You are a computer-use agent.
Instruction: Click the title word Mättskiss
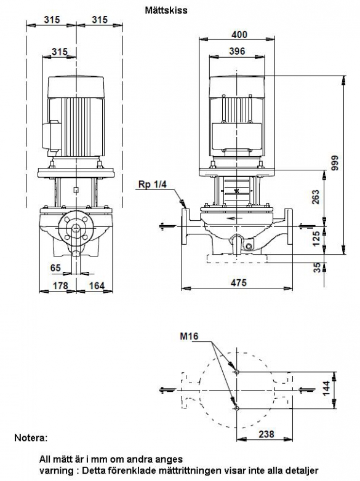point(166,10)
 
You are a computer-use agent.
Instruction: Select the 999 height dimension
point(335,163)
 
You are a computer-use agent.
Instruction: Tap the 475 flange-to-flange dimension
point(239,282)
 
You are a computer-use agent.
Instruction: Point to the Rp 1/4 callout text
point(152,184)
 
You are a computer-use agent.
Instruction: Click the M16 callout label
point(189,336)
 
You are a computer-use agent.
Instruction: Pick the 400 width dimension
point(239,34)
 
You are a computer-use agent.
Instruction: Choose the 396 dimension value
point(237,51)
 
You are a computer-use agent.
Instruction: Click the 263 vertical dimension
point(316,197)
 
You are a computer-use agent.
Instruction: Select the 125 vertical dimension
point(316,239)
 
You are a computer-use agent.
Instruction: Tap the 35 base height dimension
point(317,267)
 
